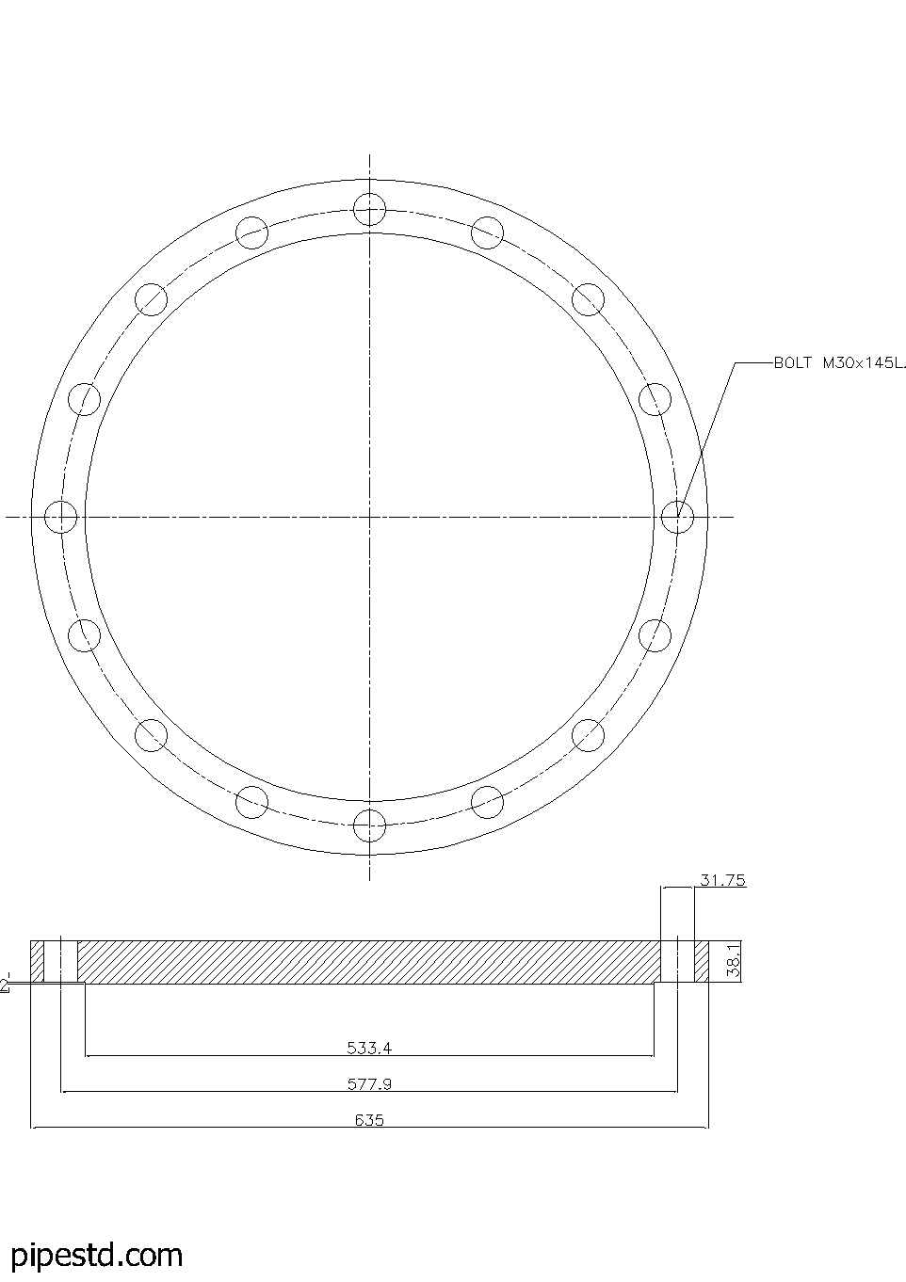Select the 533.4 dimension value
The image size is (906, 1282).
(x=369, y=1046)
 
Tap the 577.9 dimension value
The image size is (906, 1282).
(x=369, y=1083)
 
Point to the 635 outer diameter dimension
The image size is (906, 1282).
(x=369, y=1120)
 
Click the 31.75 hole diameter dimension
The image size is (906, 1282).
(x=722, y=880)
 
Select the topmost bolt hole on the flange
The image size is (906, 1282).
(x=369, y=208)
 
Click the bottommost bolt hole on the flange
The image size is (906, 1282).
(x=369, y=825)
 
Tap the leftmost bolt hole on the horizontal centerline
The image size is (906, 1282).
(x=60, y=516)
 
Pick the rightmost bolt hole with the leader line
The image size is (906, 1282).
(x=677, y=516)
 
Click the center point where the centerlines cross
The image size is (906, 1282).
(x=369, y=516)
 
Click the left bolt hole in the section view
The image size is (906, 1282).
(x=60, y=961)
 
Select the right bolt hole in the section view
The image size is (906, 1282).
(x=677, y=961)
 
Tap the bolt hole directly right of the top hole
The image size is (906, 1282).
(x=487, y=232)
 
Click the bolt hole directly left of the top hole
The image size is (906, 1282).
(x=251, y=232)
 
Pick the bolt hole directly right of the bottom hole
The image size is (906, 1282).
(x=487, y=802)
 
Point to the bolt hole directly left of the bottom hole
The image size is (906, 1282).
(x=251, y=802)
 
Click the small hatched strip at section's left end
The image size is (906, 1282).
(x=38, y=961)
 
